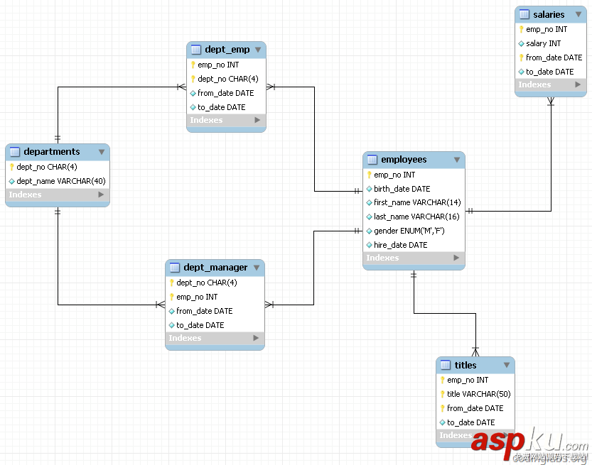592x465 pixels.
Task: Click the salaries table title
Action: [x=548, y=14]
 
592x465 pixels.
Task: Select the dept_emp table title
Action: [x=227, y=50]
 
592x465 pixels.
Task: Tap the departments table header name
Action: [x=52, y=151]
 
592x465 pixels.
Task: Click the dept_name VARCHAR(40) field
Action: [x=61, y=181]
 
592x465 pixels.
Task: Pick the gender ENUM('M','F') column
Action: [x=409, y=231]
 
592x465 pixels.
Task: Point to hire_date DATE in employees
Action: [x=401, y=245]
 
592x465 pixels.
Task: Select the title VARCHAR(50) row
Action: [x=478, y=394]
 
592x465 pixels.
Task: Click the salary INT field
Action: [x=543, y=43]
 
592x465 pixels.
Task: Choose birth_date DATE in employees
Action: [x=402, y=189]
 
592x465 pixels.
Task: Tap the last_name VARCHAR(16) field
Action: [x=416, y=217]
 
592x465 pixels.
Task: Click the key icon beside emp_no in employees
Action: [x=370, y=175]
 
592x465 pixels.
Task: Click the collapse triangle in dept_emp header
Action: [x=257, y=50]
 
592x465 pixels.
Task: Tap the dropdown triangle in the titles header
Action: [x=506, y=365]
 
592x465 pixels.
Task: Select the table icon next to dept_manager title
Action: [x=175, y=268]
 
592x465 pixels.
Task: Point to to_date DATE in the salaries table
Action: [x=549, y=72]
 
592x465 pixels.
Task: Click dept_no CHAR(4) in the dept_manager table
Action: [x=206, y=283]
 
